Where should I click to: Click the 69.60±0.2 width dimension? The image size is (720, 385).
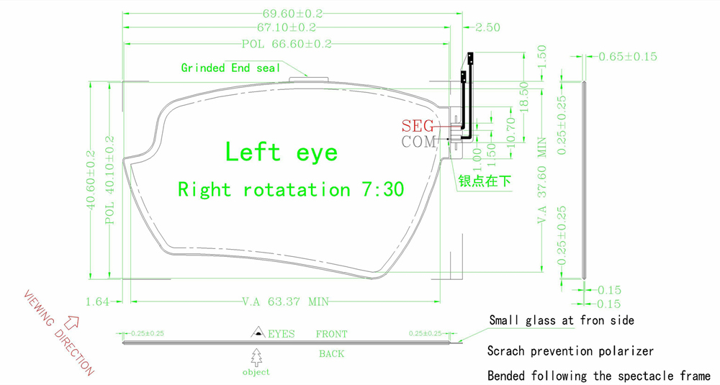click(x=292, y=13)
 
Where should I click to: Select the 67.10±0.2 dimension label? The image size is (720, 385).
click(x=287, y=27)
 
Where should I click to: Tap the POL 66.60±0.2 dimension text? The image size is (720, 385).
click(x=287, y=44)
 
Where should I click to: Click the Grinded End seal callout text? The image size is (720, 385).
click(x=230, y=68)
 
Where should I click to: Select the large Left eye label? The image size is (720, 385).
click(x=281, y=152)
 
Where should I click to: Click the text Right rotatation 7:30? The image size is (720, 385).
click(x=290, y=190)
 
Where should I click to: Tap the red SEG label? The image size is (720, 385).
click(x=418, y=125)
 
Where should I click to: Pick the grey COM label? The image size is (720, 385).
click(x=418, y=142)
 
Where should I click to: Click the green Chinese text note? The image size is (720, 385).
click(x=485, y=181)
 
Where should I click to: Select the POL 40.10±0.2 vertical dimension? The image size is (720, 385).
click(x=110, y=181)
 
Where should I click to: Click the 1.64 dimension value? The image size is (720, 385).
click(x=96, y=302)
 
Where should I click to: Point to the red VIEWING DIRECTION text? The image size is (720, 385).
click(x=58, y=332)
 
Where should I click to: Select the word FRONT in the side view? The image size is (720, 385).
click(x=331, y=334)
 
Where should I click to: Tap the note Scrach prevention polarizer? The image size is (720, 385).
click(x=570, y=351)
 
